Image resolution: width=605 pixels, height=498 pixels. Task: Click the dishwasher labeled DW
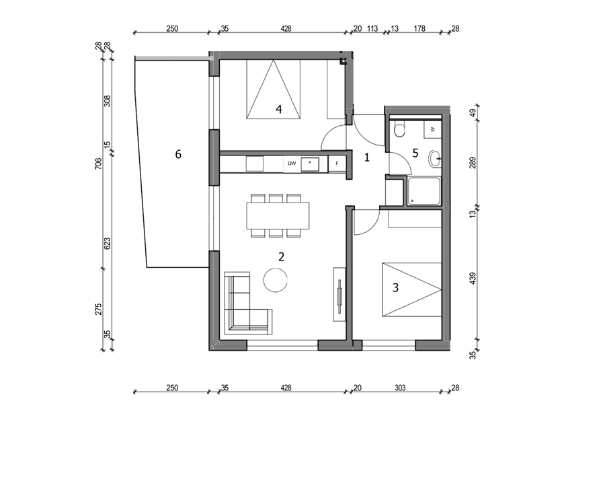[292, 164]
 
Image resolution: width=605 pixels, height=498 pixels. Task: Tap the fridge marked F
[337, 164]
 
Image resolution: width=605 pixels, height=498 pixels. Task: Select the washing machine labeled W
[433, 129]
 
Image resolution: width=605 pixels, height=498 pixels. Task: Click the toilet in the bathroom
[399, 129]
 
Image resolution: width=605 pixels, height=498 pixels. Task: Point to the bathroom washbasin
[435, 158]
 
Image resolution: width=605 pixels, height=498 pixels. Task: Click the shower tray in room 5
[424, 191]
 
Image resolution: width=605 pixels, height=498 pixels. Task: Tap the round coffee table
[276, 280]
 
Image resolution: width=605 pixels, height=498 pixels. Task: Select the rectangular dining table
[278, 215]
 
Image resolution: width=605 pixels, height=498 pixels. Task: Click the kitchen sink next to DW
[310, 164]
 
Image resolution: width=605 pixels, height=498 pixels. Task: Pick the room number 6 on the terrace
[178, 154]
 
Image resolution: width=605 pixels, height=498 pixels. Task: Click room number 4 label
[278, 109]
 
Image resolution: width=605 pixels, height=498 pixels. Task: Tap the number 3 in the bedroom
[395, 288]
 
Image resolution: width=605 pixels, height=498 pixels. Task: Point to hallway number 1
[367, 157]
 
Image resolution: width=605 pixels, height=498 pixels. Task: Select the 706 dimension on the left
[98, 164]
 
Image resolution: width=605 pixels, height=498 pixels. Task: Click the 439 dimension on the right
[473, 279]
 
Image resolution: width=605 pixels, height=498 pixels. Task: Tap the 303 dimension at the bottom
[400, 388]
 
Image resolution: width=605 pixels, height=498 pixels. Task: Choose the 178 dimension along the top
[419, 28]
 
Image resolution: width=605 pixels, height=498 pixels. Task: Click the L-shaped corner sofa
[248, 304]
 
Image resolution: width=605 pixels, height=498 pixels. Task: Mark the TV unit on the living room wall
[339, 293]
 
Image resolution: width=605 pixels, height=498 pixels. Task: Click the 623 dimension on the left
[108, 243]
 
